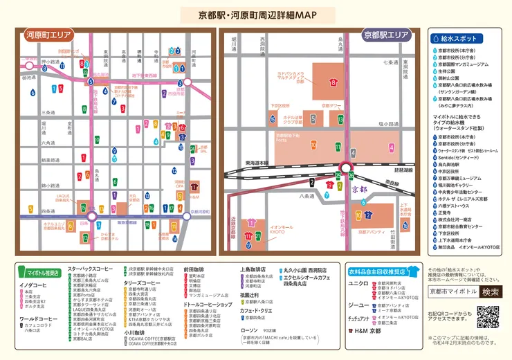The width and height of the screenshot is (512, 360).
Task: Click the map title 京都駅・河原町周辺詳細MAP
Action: [x=256, y=15]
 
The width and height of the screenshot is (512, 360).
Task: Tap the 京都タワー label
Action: [x=332, y=106]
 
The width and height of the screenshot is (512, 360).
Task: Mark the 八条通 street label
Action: [x=307, y=197]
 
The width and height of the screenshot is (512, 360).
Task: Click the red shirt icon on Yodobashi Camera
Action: [x=333, y=82]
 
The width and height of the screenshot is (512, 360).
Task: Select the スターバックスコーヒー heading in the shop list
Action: [x=89, y=268]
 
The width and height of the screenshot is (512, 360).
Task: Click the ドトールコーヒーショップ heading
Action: [x=207, y=305]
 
